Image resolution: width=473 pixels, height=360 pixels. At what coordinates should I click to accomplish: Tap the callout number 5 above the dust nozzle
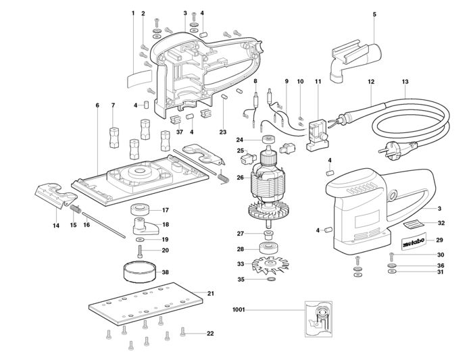(374, 14)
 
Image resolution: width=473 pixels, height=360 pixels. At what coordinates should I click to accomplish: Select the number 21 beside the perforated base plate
(210, 293)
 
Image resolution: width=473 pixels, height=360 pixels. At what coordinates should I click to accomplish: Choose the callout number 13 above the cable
(405, 82)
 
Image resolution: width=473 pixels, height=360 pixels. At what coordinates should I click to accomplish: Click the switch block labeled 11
(316, 130)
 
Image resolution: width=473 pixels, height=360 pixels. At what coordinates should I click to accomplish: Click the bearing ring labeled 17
(141, 209)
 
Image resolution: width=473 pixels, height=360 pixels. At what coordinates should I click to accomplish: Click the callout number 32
(440, 222)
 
